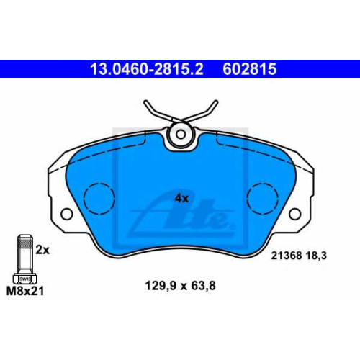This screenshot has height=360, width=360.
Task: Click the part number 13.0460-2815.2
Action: [x=147, y=69]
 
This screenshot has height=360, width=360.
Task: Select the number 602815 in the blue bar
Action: [x=250, y=69]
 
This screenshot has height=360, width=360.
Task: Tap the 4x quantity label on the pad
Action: [x=181, y=199]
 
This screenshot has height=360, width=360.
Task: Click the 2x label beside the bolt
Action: [x=42, y=250]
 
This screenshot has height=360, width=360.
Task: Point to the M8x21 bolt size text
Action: [x=25, y=291]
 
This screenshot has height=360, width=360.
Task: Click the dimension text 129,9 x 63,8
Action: [x=181, y=286]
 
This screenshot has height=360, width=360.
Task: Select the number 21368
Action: [x=287, y=256]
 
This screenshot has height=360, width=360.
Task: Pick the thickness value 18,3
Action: [x=316, y=256]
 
